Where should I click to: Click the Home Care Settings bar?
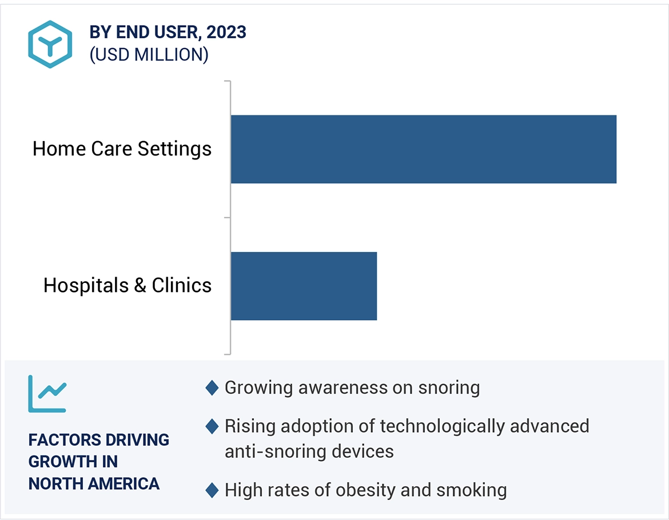[x=423, y=149]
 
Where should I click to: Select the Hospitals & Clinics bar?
[x=304, y=286]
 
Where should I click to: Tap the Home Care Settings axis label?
[x=122, y=149]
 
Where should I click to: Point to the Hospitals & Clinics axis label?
[x=128, y=285]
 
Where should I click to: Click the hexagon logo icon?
[x=50, y=44]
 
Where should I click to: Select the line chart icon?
[x=47, y=394]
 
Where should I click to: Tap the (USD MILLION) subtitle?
[x=149, y=55]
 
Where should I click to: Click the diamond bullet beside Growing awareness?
[x=212, y=388]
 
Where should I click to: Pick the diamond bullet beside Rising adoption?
[x=212, y=426]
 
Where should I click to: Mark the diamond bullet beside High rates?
[x=212, y=490]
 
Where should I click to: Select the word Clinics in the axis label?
[x=182, y=285]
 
